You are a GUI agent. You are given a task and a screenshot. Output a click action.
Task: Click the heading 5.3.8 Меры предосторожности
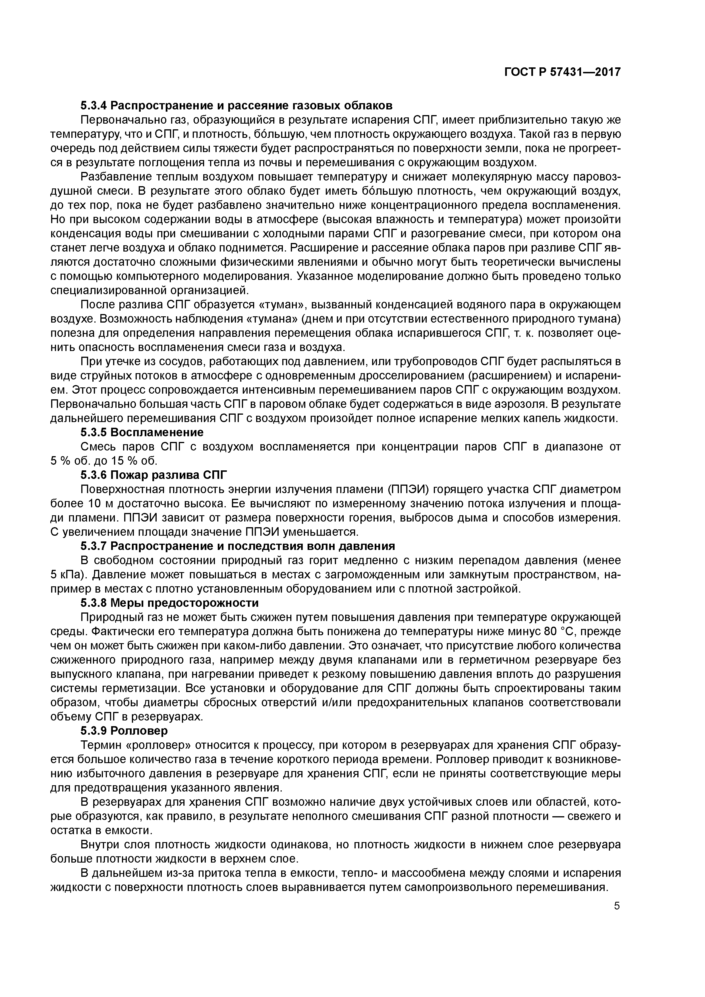[x=169, y=603]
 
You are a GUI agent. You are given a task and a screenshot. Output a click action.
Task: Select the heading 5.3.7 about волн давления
[x=238, y=546]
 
